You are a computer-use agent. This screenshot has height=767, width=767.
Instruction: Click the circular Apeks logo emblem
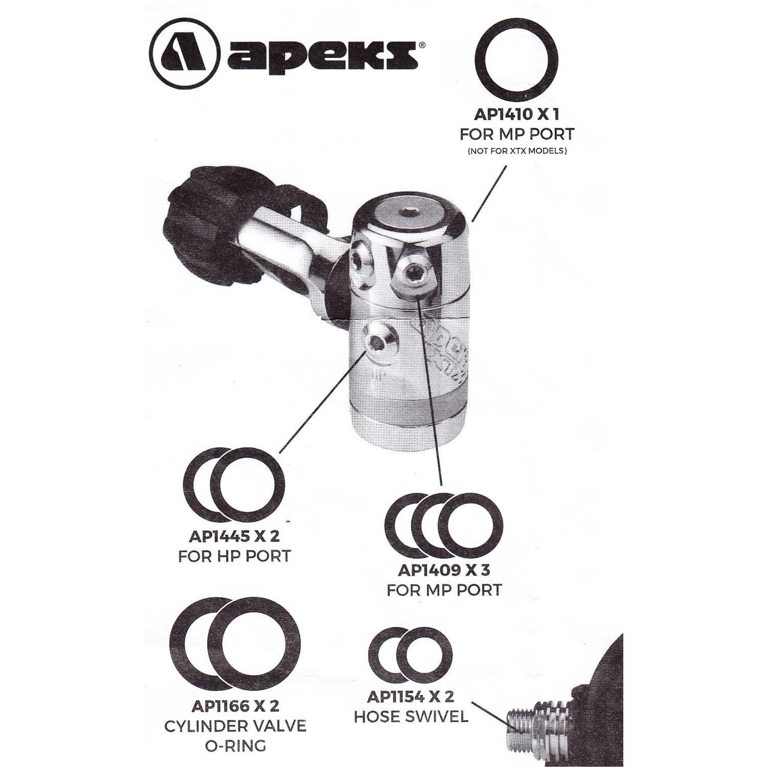(x=185, y=53)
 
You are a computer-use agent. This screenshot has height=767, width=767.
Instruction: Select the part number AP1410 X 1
(x=516, y=114)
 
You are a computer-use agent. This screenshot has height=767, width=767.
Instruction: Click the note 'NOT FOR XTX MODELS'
(x=516, y=151)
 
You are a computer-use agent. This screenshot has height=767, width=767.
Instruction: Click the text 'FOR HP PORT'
(x=235, y=556)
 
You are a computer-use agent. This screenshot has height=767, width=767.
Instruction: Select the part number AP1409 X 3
(x=444, y=570)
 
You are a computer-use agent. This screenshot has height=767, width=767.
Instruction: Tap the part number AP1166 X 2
(x=235, y=706)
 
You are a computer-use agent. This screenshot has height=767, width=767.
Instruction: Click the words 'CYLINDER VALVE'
(x=235, y=726)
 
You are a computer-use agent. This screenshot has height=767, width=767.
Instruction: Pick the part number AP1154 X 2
(x=411, y=697)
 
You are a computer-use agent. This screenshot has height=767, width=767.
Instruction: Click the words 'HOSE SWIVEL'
(x=411, y=716)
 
